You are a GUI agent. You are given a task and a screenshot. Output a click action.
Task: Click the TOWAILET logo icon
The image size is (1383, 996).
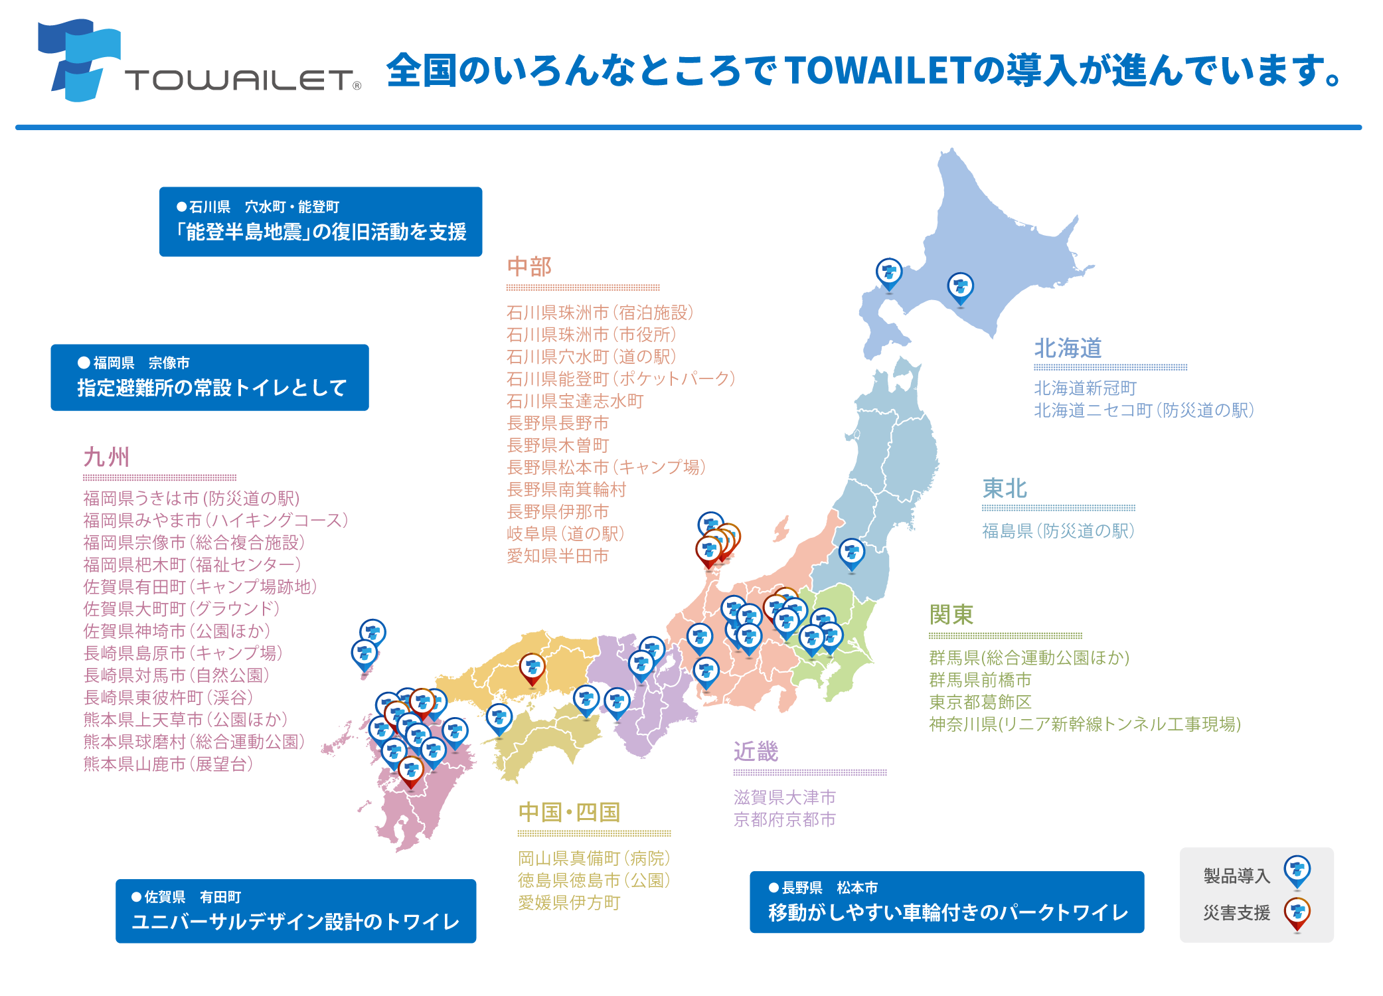pos(79,60)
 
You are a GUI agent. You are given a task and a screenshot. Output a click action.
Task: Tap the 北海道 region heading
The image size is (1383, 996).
pos(1068,348)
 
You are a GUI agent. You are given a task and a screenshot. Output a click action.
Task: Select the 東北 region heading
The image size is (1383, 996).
pos(1005,489)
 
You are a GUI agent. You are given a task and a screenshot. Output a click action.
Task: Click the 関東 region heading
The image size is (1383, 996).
pos(951,615)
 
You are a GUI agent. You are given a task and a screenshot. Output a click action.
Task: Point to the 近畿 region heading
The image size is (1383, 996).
pos(756,752)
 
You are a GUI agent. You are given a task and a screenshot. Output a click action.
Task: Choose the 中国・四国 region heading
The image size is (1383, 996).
pos(569,812)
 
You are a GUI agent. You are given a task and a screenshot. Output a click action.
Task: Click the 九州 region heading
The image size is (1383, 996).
pos(106,457)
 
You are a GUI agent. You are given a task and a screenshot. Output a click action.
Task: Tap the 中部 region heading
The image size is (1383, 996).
pos(529,267)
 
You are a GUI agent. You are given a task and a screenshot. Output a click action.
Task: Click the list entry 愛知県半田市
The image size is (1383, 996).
pos(558,556)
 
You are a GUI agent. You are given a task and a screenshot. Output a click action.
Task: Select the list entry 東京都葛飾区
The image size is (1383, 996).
pos(980,702)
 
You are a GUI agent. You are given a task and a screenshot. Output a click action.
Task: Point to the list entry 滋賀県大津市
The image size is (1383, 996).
pos(784,797)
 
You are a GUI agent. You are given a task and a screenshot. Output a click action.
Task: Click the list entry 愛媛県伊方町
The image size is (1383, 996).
pos(569,902)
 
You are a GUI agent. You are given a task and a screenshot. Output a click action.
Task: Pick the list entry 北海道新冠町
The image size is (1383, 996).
pos(1085,388)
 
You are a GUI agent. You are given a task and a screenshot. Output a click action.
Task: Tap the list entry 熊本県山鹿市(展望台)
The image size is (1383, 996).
pos(168,764)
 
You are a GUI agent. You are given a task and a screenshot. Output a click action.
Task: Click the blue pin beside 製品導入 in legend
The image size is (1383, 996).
pos(1297,871)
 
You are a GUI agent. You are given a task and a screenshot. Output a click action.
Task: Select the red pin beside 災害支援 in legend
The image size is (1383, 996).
pos(1297,913)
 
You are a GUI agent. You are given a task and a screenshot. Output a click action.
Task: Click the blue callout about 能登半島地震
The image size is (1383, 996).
pos(321,222)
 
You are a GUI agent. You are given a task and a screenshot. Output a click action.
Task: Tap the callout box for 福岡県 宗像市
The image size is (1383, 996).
pos(210,377)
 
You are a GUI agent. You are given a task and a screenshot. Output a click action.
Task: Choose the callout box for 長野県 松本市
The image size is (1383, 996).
pos(947,902)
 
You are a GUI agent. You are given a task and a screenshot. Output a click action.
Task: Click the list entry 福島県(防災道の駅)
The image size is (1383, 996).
pos(1058,531)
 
